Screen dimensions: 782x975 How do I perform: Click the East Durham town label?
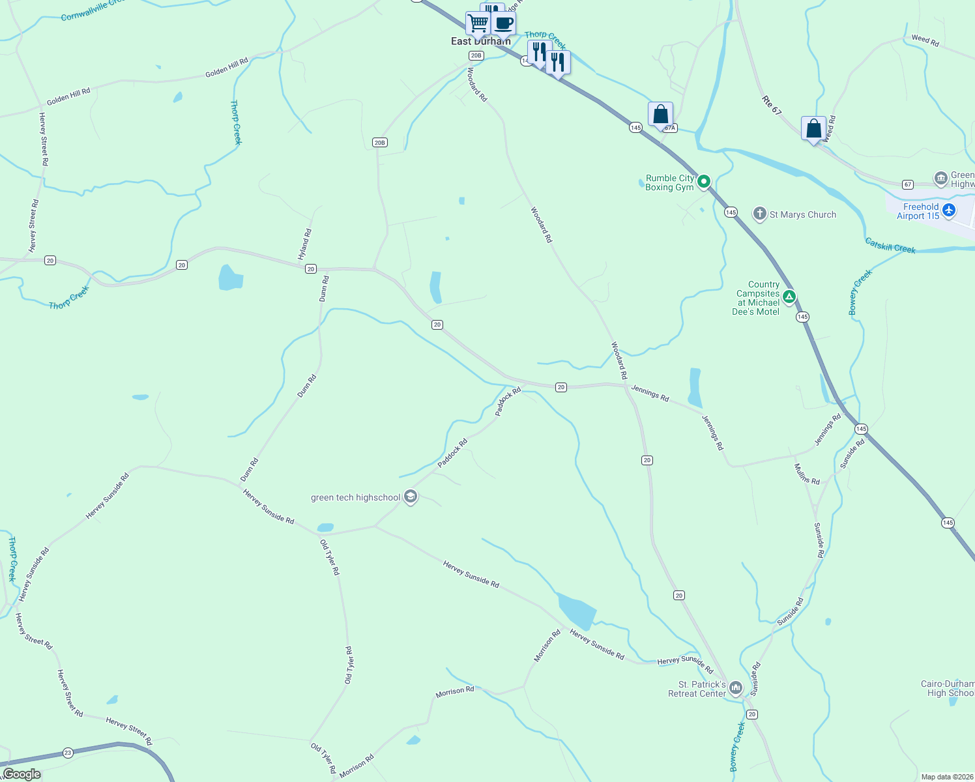(480, 42)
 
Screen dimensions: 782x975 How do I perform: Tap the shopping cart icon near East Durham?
(478, 23)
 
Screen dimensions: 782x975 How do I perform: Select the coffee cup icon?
(503, 23)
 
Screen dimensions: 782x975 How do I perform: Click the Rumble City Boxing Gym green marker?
(703, 182)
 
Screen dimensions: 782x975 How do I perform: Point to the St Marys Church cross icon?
(759, 214)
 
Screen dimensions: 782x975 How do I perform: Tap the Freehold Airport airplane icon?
(949, 210)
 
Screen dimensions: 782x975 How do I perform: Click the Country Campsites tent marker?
(789, 298)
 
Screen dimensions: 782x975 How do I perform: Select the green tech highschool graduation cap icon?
(410, 497)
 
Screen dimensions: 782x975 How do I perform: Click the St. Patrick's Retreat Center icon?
(736, 688)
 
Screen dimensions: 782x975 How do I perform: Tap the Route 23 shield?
(68, 753)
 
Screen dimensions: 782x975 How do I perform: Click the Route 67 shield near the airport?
(908, 185)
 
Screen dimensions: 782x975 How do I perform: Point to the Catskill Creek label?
(890, 246)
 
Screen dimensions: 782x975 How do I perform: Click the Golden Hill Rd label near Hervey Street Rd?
(68, 96)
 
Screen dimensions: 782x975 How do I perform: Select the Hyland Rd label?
(304, 244)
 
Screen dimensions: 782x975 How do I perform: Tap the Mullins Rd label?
(807, 474)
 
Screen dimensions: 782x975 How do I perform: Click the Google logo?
(22, 774)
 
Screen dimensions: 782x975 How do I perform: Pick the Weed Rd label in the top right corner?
(925, 40)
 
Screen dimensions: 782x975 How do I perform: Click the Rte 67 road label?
(771, 106)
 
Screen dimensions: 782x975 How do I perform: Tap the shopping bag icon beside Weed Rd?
(813, 129)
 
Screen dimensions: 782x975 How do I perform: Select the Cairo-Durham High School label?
(949, 688)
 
